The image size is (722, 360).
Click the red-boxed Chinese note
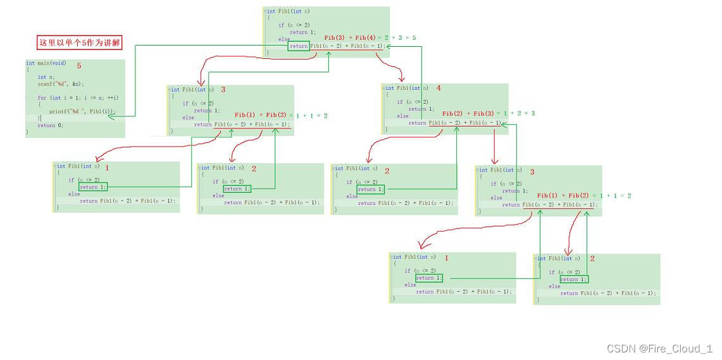79,43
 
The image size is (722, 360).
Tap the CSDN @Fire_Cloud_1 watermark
659,349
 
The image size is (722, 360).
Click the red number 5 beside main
79,66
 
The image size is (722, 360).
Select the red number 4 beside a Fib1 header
439,89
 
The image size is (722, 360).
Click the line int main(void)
46,63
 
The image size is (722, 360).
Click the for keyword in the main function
42,97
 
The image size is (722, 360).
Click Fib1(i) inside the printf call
101,111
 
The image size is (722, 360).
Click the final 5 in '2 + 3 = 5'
414,38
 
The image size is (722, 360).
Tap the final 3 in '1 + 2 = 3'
533,113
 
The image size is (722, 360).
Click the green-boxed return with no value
299,46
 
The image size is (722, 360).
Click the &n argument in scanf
77,84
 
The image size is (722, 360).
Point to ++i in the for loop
113,97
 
